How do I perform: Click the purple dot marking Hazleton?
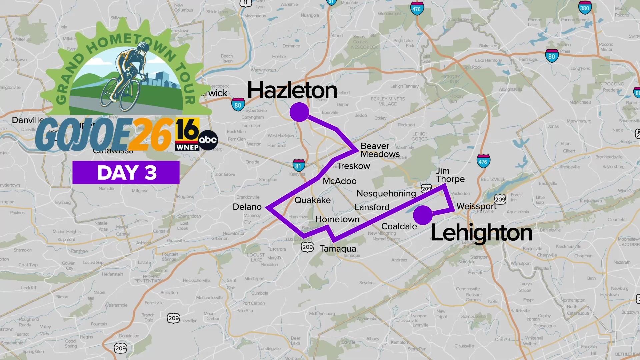(299, 112)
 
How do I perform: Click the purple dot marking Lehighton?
(423, 215)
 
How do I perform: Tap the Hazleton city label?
(292, 90)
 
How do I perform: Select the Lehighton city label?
(481, 233)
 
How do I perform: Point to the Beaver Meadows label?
(380, 150)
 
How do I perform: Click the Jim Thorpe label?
(450, 175)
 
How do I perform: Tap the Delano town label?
(247, 207)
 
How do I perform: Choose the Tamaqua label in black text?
(338, 249)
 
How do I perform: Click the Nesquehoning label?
(386, 193)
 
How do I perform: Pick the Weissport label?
(476, 206)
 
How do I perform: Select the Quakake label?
(312, 200)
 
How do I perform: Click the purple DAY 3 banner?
(126, 173)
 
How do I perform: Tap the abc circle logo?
(208, 140)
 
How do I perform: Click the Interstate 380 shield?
(584, 8)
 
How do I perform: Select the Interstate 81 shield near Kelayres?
(298, 166)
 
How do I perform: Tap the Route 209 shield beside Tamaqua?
(307, 247)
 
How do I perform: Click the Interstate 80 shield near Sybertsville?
(238, 105)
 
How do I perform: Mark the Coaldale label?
(399, 226)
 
